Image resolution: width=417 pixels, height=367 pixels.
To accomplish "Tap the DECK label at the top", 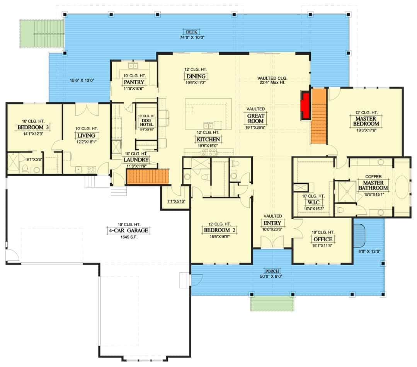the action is (191, 32).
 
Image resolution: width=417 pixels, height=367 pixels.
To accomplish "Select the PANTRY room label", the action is (134, 82).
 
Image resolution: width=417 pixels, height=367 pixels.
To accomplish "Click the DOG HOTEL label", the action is (146, 123).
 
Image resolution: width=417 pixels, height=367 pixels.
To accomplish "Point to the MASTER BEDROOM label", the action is (366, 121).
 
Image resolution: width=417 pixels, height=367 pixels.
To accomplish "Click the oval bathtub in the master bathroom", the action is (402, 187).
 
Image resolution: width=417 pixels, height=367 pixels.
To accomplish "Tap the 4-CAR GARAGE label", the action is (129, 230).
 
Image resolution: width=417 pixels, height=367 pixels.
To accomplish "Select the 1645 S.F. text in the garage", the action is (129, 237).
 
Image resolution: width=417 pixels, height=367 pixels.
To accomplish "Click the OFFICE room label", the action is (323, 239).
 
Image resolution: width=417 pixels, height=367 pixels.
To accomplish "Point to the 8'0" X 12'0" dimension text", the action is (369, 251).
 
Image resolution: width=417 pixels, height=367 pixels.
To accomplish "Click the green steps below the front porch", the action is (272, 304).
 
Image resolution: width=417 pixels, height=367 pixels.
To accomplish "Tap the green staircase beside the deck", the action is (41, 34).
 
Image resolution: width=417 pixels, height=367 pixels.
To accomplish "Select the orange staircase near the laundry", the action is (148, 176).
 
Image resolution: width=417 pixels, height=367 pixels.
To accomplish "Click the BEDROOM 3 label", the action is (33, 127).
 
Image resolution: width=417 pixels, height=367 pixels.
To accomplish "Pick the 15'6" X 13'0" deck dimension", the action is (82, 80).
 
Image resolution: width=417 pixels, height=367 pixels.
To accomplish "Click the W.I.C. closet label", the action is (314, 202).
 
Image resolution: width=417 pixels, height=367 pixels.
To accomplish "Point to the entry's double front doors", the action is (272, 242).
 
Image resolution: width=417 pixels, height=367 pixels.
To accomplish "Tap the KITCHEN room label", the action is (208, 139).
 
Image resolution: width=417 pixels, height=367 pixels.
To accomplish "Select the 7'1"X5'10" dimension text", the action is (176, 201).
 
